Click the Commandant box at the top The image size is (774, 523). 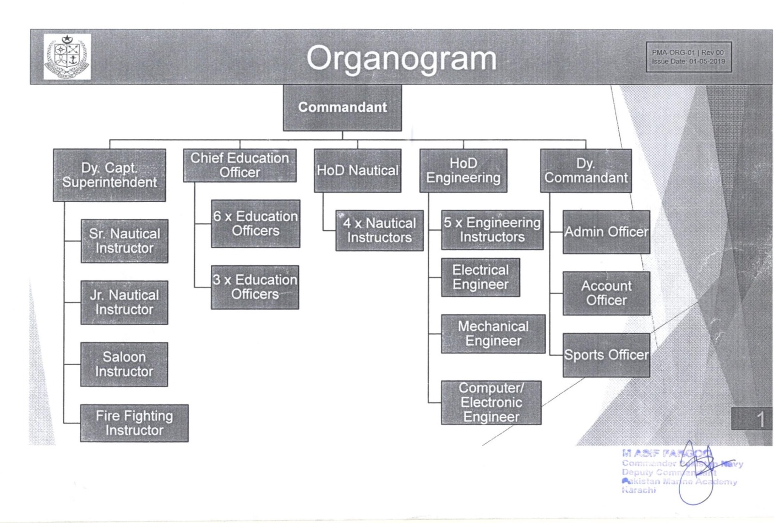click(342, 107)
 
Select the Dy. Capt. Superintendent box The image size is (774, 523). click(109, 175)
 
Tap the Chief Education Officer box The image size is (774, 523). click(239, 165)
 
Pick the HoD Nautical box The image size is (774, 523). click(357, 170)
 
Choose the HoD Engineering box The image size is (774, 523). click(463, 171)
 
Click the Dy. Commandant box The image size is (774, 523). click(586, 171)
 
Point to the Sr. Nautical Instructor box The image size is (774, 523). click(124, 241)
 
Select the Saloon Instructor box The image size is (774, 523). click(124, 364)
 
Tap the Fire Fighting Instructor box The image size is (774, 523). click(134, 423)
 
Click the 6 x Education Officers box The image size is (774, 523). click(255, 224)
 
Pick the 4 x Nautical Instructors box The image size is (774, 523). click(379, 230)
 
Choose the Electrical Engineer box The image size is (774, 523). click(480, 277)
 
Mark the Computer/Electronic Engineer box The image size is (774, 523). click(491, 403)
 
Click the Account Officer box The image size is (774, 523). click(606, 293)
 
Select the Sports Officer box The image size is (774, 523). click(606, 355)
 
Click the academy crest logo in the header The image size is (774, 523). click(67, 57)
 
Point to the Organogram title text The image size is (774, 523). click(401, 59)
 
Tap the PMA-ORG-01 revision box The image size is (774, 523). click(688, 57)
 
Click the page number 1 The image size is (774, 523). click(760, 419)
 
